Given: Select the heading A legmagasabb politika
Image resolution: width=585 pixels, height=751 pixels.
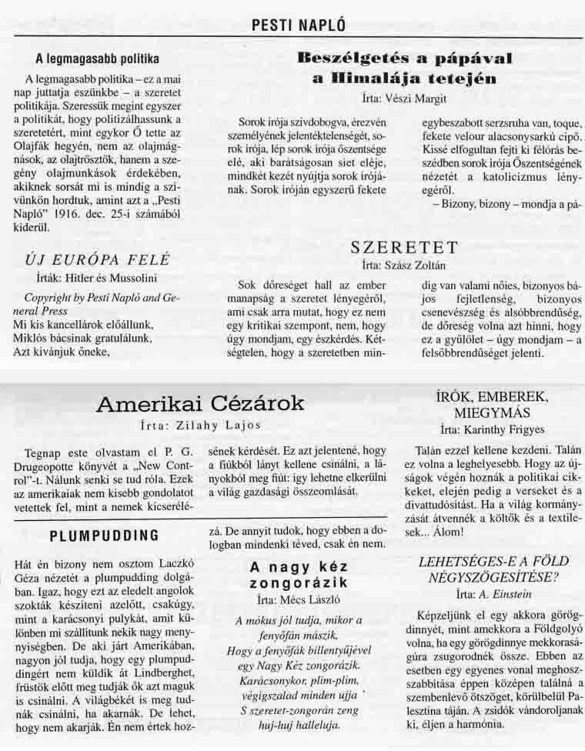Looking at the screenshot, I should (x=97, y=58).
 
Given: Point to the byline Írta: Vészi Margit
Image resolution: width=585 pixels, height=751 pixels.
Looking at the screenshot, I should (x=403, y=98).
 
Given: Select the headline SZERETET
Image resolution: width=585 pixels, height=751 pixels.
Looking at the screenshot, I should (x=403, y=247).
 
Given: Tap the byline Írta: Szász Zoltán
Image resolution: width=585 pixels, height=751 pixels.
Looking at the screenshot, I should (x=403, y=264).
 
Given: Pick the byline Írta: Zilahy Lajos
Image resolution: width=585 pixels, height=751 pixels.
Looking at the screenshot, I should (x=199, y=425).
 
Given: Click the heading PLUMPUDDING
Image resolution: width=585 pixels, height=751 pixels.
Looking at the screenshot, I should (x=105, y=535).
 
